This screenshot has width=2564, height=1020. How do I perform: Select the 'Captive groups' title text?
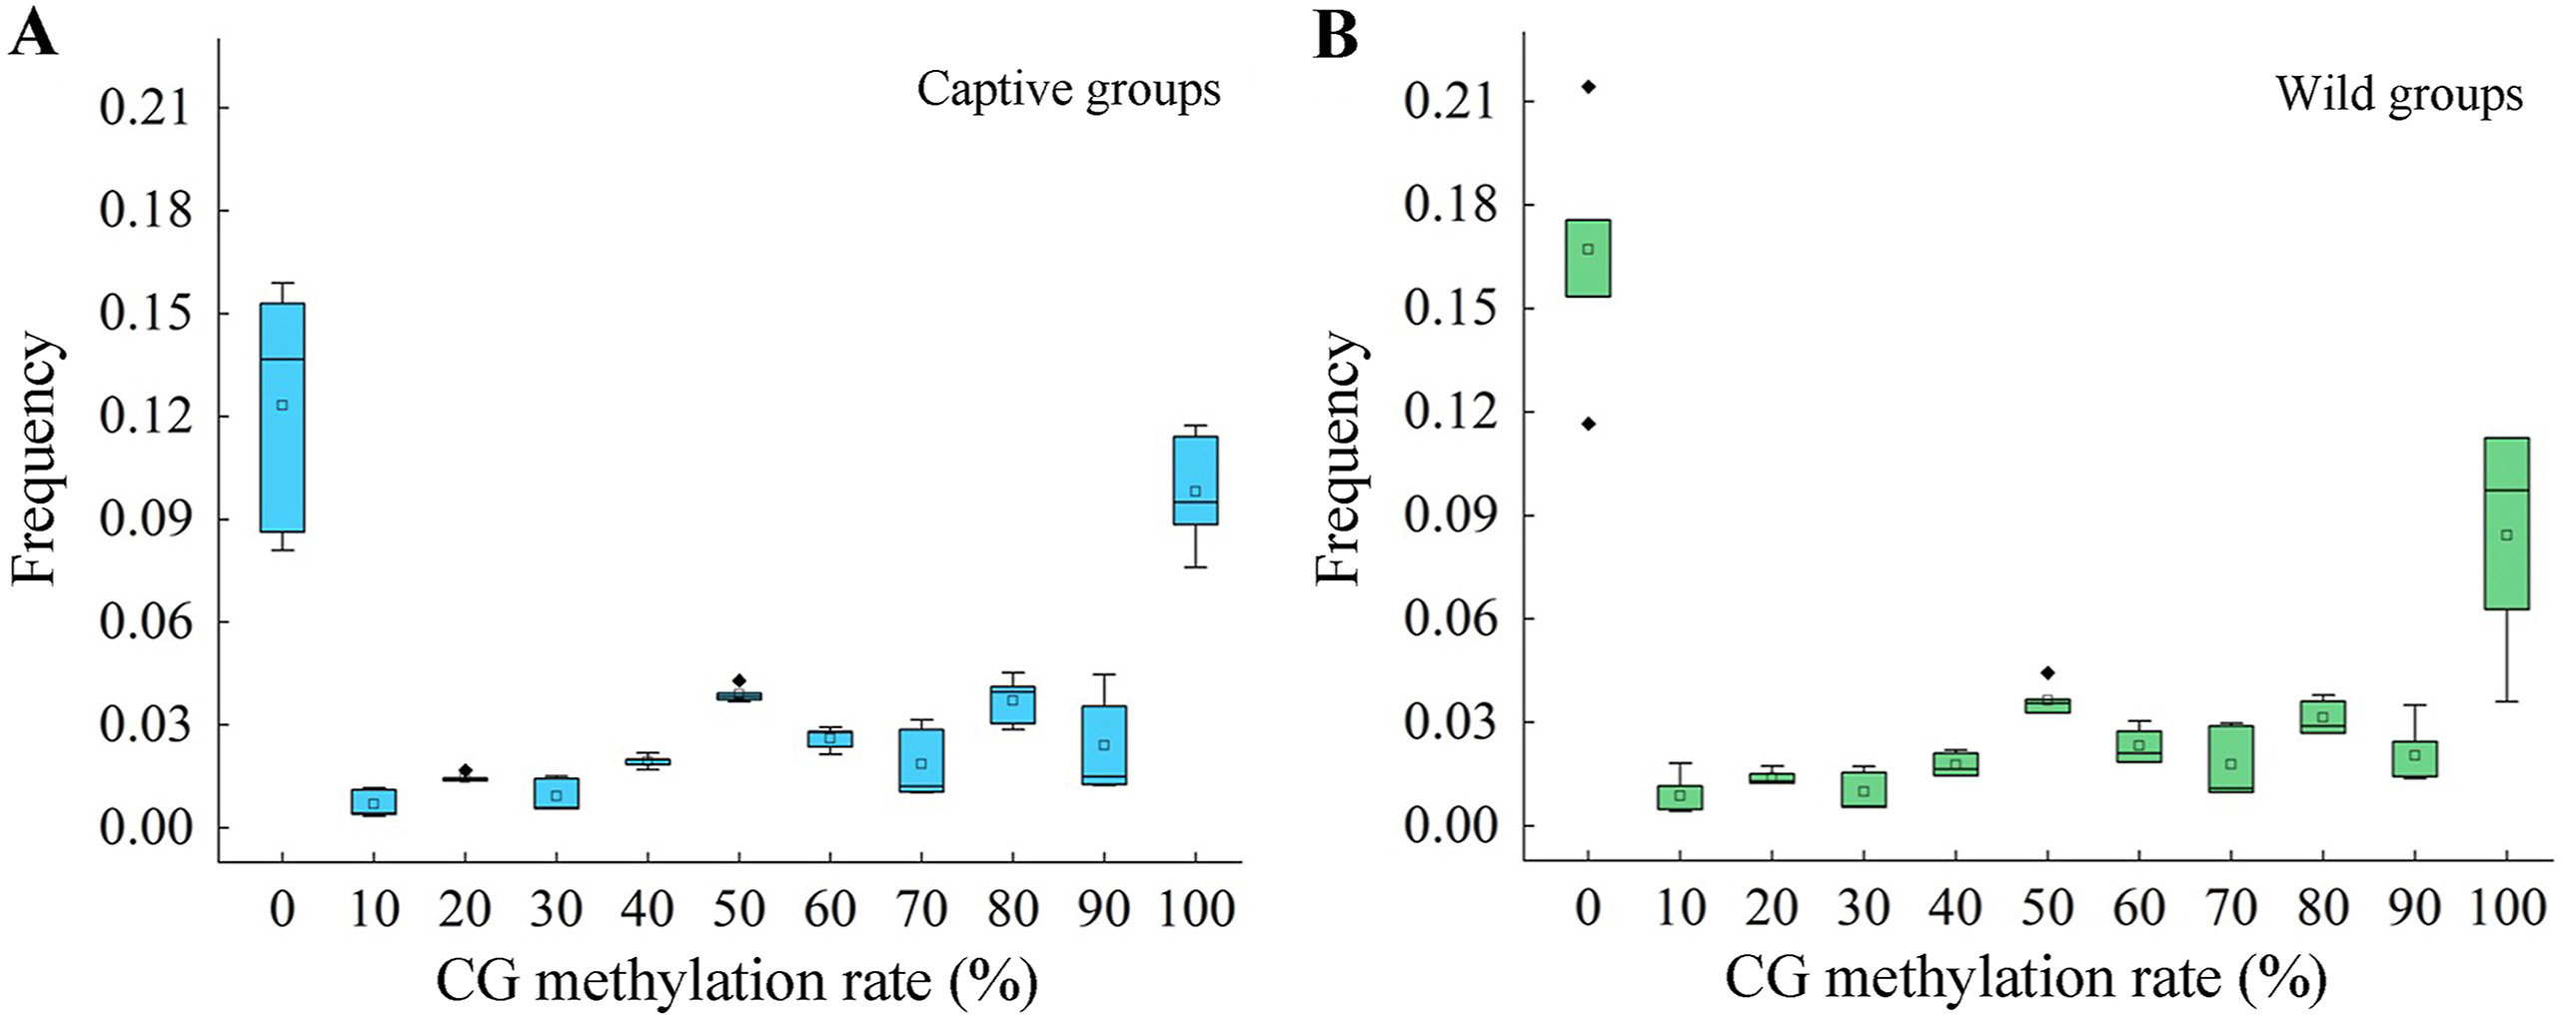(x=1068, y=90)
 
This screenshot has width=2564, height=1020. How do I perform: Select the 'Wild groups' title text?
(x=2399, y=96)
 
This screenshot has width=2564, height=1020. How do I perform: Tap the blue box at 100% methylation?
(x=1195, y=480)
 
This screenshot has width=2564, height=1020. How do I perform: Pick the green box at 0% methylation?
(x=1588, y=258)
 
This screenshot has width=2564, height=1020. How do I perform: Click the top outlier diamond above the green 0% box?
(x=1588, y=87)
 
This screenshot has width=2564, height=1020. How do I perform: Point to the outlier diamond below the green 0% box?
(x=1588, y=424)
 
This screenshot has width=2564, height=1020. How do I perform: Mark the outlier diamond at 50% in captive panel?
(x=739, y=680)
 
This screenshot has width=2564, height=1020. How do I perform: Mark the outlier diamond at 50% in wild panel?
(x=2047, y=672)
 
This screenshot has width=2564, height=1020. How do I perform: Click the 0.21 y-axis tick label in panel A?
(x=145, y=108)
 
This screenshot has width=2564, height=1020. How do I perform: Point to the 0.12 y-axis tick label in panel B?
(x=1450, y=412)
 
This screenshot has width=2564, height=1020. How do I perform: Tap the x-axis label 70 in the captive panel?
(x=921, y=909)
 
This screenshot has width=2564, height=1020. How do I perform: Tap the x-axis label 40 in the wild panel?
(x=1955, y=907)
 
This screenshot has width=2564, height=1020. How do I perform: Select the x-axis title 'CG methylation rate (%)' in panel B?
(x=2024, y=979)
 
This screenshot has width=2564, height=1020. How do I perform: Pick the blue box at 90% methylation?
(x=1104, y=745)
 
